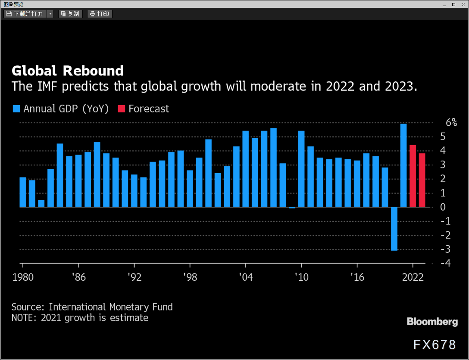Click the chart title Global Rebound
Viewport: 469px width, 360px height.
coord(67,71)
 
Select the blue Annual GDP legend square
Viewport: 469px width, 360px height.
coord(16,109)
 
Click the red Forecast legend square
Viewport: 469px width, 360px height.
coord(121,109)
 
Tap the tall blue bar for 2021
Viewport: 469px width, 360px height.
coord(403,165)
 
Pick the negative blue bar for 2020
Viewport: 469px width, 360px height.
coord(394,229)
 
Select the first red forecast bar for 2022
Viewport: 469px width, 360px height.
coord(413,176)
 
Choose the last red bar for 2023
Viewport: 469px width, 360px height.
coord(422,180)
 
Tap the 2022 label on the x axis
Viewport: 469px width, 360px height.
coord(413,277)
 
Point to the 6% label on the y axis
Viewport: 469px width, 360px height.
coord(451,122)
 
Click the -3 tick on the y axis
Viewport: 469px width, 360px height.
coord(447,249)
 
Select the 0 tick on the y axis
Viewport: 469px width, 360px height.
coord(448,207)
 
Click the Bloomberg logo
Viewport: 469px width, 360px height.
coord(432,322)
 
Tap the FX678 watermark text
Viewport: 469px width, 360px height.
coord(435,344)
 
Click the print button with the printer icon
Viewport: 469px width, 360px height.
coord(100,14)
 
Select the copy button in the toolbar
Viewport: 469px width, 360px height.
coord(70,14)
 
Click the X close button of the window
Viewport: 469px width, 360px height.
coord(463,4)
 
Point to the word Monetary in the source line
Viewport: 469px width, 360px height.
coord(130,307)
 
